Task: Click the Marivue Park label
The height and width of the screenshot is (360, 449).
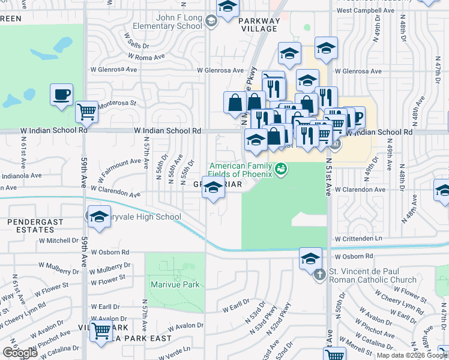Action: click(x=175, y=284)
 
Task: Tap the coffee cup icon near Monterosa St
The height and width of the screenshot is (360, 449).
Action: click(x=62, y=95)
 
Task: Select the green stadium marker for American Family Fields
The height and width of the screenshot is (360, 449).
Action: click(x=280, y=170)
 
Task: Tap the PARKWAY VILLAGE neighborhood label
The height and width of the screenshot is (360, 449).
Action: click(x=259, y=24)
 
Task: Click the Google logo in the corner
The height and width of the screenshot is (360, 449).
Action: click(x=20, y=353)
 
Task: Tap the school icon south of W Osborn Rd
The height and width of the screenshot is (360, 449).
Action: click(x=310, y=259)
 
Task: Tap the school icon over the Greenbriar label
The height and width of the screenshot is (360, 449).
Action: click(x=213, y=188)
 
